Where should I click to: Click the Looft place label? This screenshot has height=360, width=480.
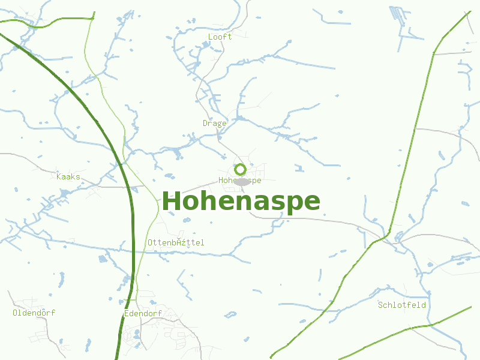point(220,37)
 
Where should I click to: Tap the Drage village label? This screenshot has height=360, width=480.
point(214,123)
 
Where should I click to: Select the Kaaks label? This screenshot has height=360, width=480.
point(68,176)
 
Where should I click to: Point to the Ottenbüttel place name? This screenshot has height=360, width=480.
point(176,242)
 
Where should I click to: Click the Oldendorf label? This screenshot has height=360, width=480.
point(34,313)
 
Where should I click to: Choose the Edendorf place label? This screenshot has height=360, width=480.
point(143,313)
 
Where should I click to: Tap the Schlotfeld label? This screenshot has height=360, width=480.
point(401,305)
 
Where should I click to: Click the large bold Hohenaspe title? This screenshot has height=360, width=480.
point(241,202)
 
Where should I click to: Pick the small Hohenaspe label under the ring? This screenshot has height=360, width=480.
point(240,180)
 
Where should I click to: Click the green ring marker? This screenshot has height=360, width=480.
point(240,169)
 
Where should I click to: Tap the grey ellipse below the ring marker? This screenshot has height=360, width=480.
point(242,182)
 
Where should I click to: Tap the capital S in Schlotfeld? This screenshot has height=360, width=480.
point(380,305)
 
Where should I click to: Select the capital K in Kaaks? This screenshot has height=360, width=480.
point(59,176)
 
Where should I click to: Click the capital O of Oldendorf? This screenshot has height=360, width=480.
point(15,313)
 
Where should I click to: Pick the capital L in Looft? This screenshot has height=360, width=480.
point(210,37)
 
